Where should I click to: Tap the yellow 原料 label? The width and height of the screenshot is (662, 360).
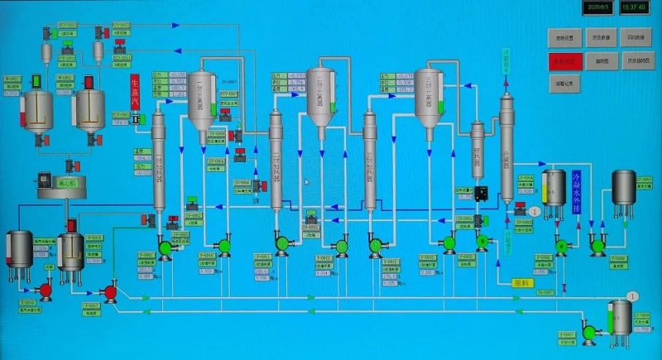point(522,283)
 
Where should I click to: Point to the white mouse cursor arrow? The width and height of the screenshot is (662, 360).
point(306,182)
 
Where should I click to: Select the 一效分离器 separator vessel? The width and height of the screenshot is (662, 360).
point(201,98)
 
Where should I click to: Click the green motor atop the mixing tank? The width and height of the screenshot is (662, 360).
point(36,82)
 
